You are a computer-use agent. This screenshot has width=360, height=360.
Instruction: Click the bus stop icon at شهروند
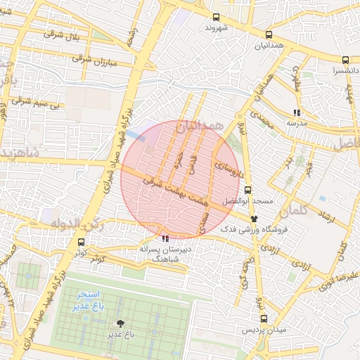click(216, 18)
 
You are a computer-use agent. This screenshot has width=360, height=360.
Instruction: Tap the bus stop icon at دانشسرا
click(345, 60)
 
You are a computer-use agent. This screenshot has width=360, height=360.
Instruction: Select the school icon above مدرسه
click(297, 112)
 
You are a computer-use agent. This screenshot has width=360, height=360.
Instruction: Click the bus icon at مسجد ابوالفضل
click(247, 189)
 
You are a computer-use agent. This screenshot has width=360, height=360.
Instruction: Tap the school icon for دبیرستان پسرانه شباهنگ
click(165, 239)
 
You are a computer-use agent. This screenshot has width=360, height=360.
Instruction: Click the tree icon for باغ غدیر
click(122, 323)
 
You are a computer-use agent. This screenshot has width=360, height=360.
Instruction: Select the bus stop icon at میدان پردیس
click(261, 319)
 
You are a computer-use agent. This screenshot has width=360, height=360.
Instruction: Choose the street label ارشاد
click(325, 216)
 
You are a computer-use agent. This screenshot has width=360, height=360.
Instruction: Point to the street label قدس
click(191, 164)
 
